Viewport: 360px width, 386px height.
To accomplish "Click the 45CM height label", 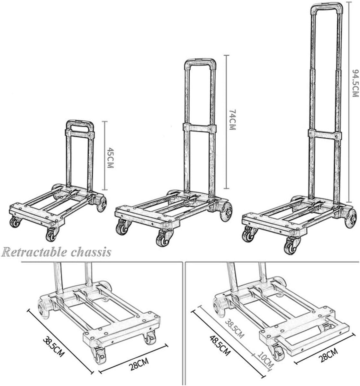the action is tap(110, 158).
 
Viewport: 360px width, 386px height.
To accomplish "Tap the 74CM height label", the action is tap(232, 120).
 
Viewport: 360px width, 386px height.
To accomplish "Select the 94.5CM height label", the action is tap(355, 83).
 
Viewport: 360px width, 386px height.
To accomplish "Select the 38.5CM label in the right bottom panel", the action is tap(235, 329).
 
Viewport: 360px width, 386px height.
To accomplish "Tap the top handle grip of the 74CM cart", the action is tap(200, 61).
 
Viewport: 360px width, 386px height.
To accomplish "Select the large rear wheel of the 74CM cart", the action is tap(226, 212).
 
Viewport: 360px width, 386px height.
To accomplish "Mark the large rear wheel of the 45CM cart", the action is tap(102, 204).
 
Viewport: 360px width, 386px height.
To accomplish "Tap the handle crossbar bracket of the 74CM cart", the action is tap(199, 127).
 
